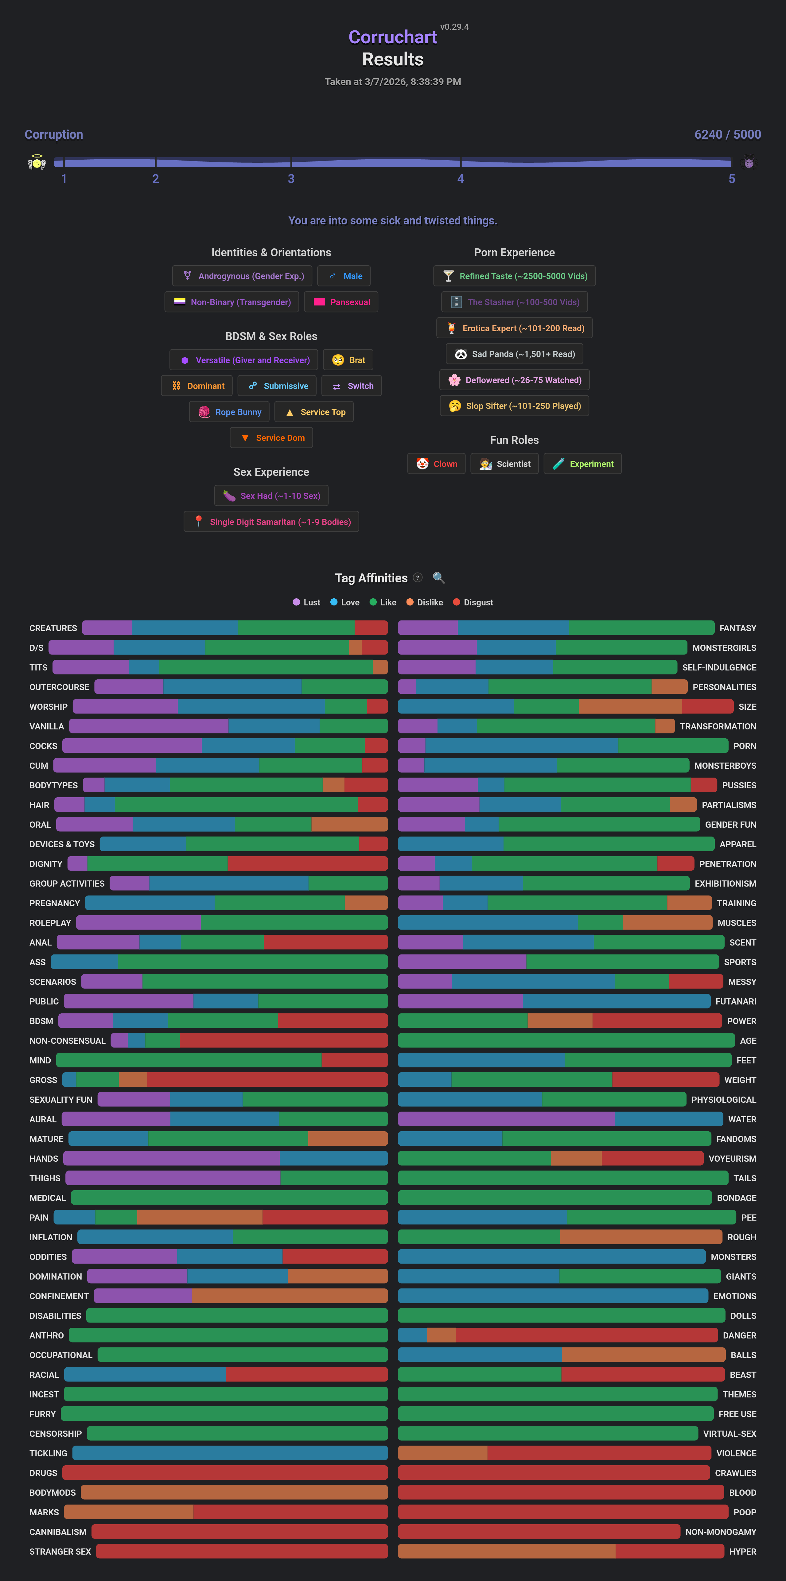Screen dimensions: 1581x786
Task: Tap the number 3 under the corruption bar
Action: coord(291,179)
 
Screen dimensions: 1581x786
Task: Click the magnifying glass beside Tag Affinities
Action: coord(438,577)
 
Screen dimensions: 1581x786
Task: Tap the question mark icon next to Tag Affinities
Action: coord(418,577)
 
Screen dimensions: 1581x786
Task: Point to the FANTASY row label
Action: coord(737,628)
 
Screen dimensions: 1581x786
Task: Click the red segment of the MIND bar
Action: coord(354,1060)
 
